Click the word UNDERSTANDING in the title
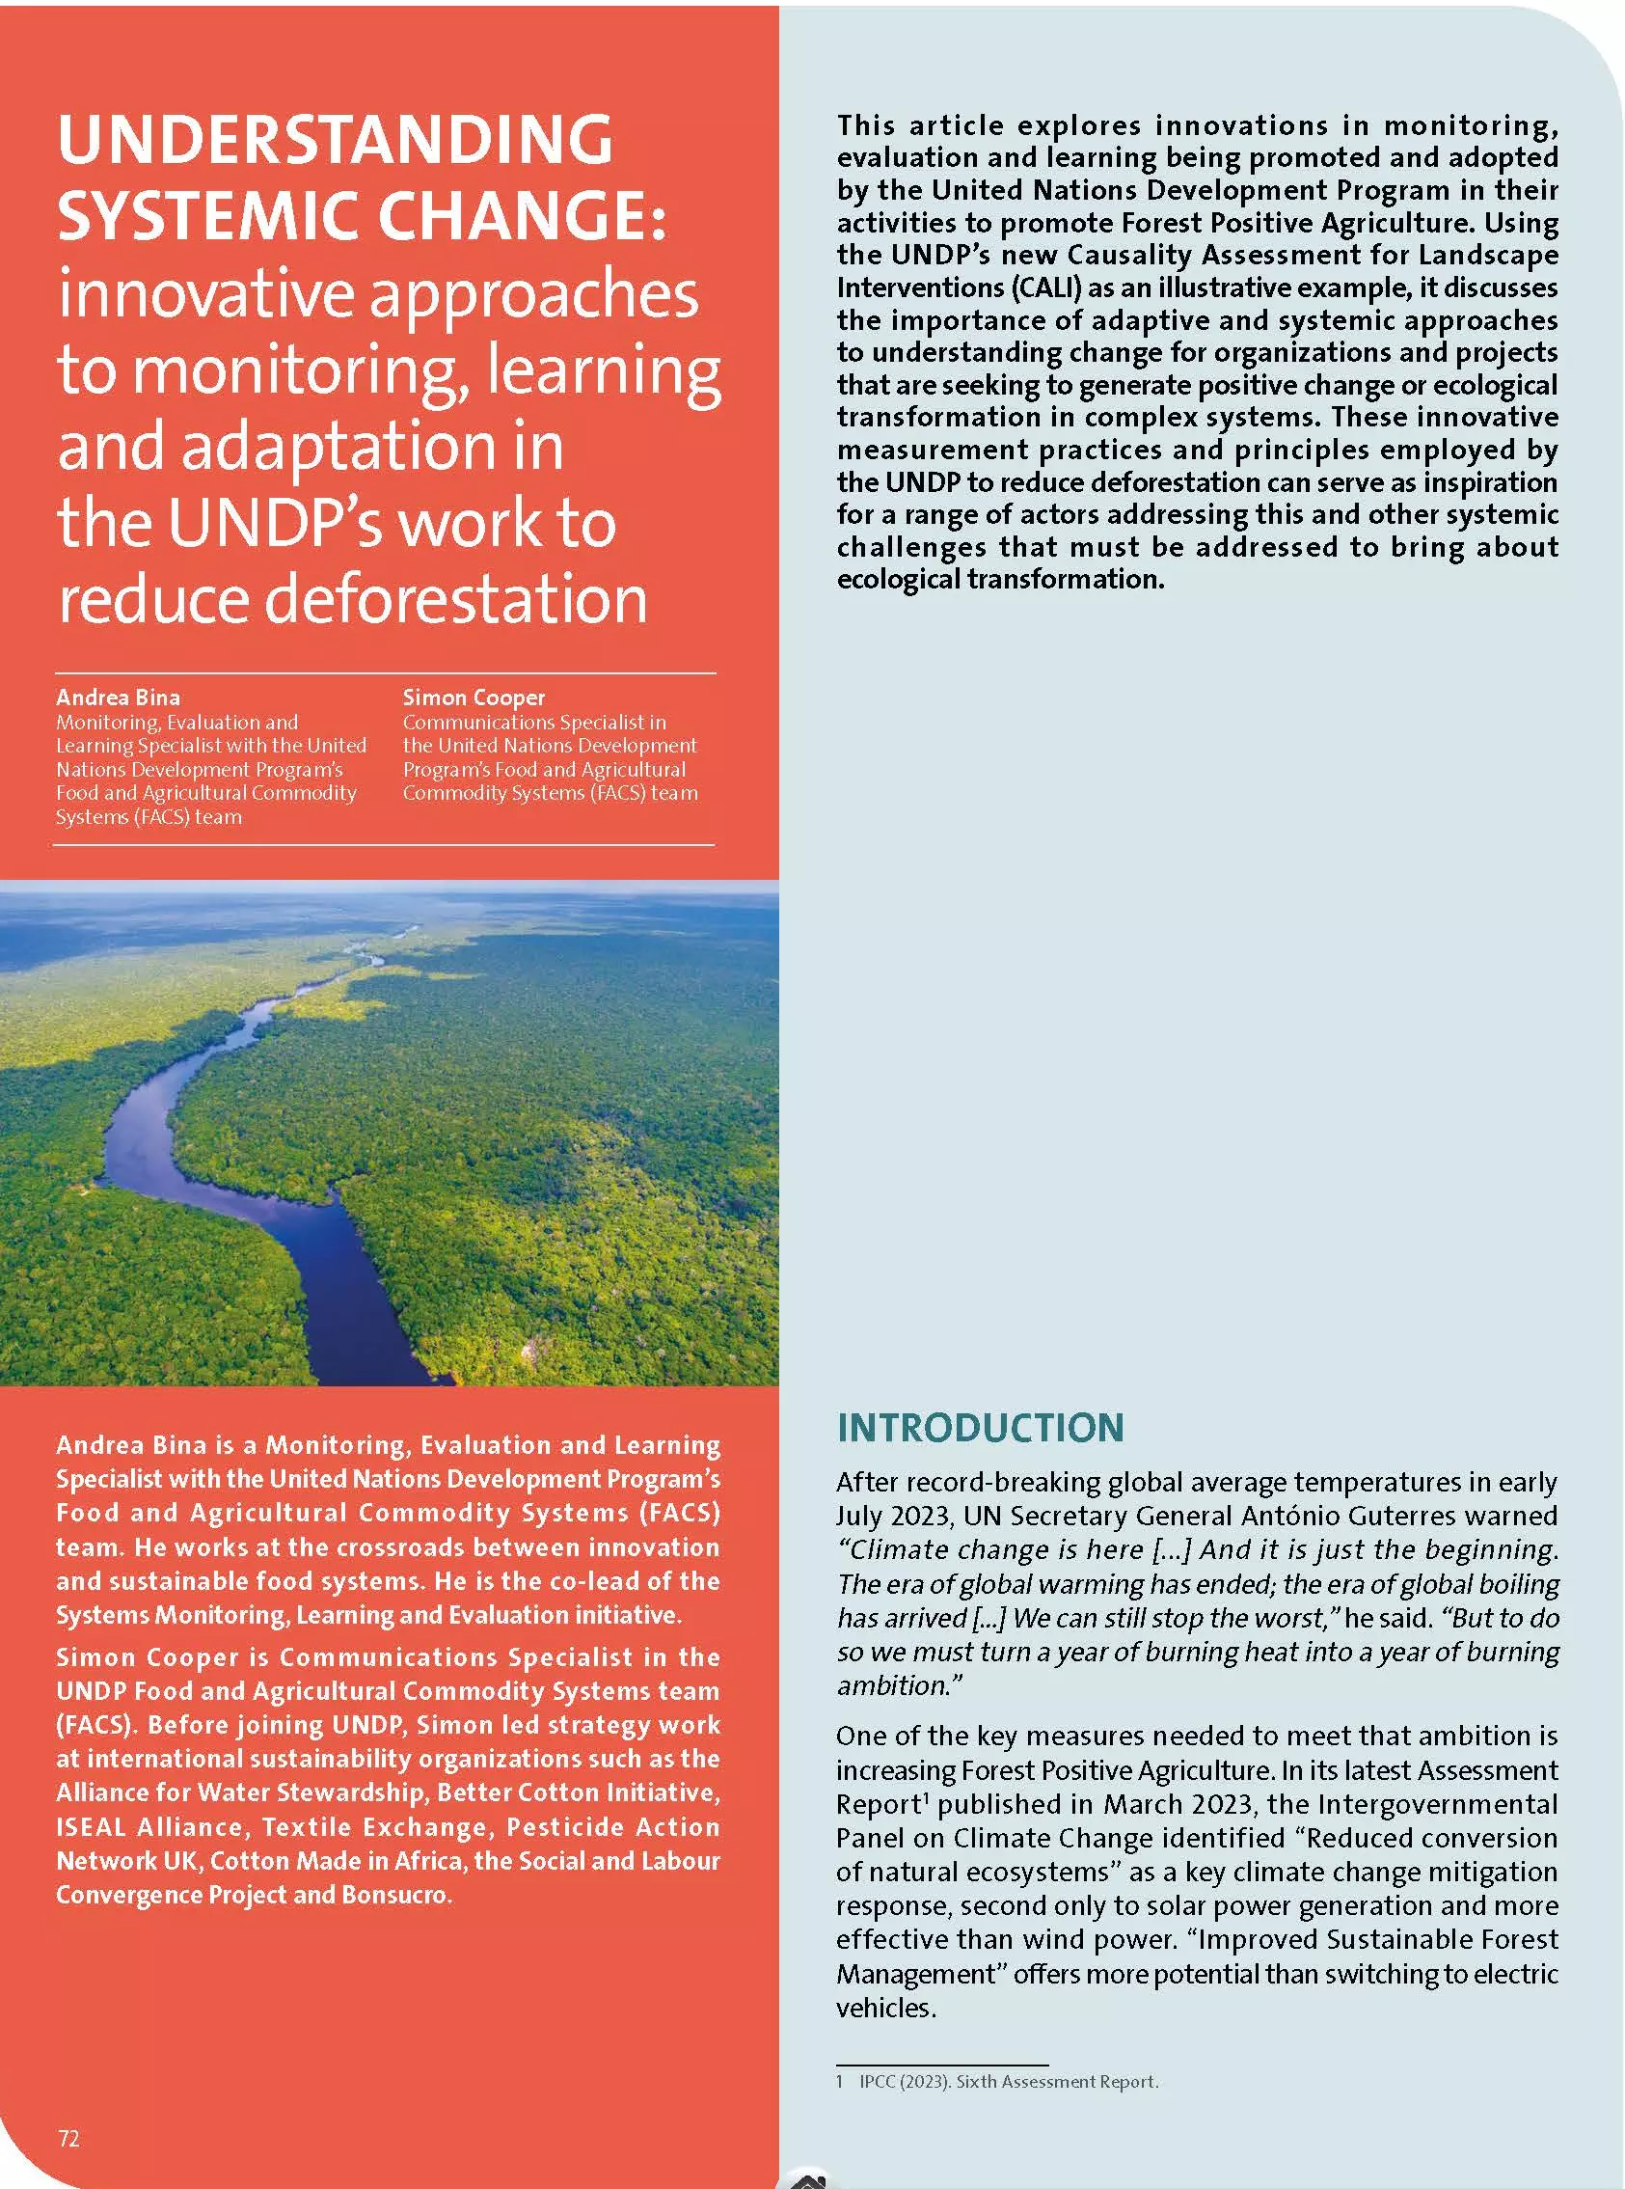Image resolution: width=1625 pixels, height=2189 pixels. pyautogui.click(x=335, y=140)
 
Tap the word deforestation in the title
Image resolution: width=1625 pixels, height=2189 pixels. pyautogui.click(x=456, y=599)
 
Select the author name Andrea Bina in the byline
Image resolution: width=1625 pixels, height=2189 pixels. pyautogui.click(x=118, y=698)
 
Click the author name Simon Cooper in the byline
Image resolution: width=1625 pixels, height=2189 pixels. pyautogui.click(x=474, y=698)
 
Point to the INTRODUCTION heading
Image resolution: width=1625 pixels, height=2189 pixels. pyautogui.click(x=980, y=1428)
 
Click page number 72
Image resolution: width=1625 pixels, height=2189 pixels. pyautogui.click(x=68, y=2138)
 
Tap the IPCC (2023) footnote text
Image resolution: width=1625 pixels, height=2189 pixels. pyautogui.click(x=1008, y=2081)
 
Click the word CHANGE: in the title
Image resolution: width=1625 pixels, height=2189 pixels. pyautogui.click(x=523, y=216)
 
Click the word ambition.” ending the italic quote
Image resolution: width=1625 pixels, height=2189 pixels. pyautogui.click(x=899, y=1685)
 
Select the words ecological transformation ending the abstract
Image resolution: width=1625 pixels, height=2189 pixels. pyautogui.click(x=999, y=579)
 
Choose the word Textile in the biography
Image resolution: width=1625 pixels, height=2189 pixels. pyautogui.click(x=305, y=1827)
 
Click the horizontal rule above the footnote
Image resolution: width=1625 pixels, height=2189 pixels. pyautogui.click(x=941, y=2063)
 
